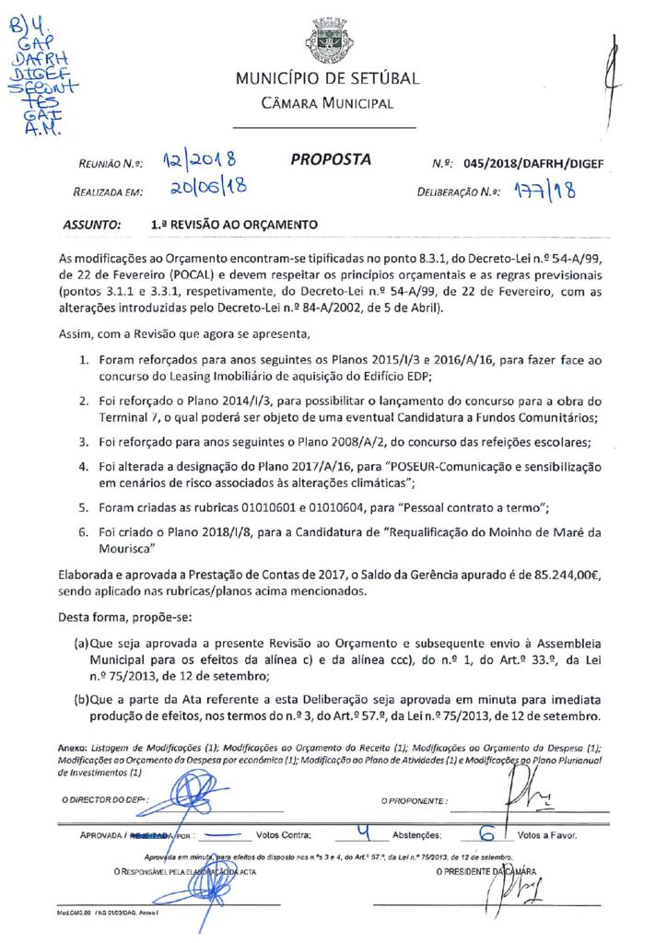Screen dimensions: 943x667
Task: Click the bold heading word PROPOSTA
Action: (x=331, y=159)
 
